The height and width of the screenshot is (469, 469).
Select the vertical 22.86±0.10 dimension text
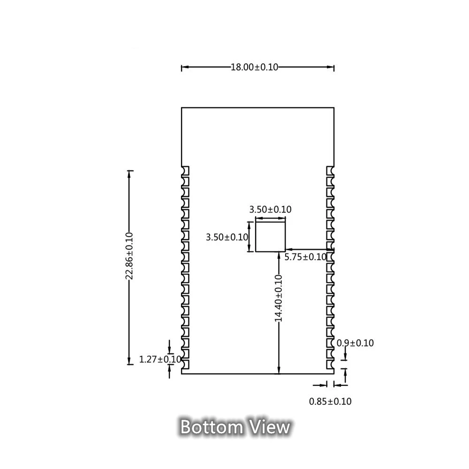click(129, 256)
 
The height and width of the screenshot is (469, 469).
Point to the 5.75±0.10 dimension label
click(305, 257)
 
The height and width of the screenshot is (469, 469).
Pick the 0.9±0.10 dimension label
click(356, 343)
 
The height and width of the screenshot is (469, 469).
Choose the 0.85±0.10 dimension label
click(330, 401)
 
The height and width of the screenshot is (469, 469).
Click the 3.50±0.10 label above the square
click(270, 210)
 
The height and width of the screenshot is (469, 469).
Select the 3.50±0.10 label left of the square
click(227, 237)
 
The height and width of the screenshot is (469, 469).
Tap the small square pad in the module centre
click(270, 236)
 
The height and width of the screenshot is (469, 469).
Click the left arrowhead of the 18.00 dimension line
click(184, 68)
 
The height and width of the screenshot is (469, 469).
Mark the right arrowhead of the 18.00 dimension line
click(331, 68)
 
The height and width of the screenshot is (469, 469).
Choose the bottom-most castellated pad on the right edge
click(330, 363)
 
